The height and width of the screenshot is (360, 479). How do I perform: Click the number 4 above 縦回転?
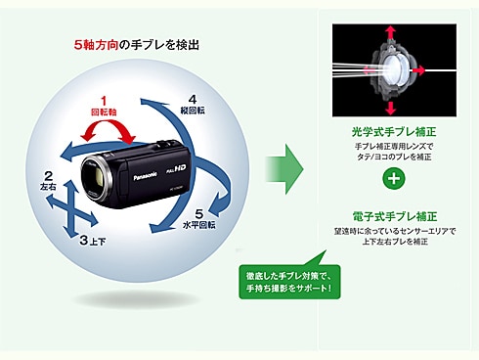click(193, 99)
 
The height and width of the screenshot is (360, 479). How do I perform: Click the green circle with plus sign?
click(393, 179)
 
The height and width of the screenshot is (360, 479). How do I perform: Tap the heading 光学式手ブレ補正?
click(393, 131)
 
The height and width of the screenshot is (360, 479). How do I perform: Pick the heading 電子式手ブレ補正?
click(393, 214)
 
